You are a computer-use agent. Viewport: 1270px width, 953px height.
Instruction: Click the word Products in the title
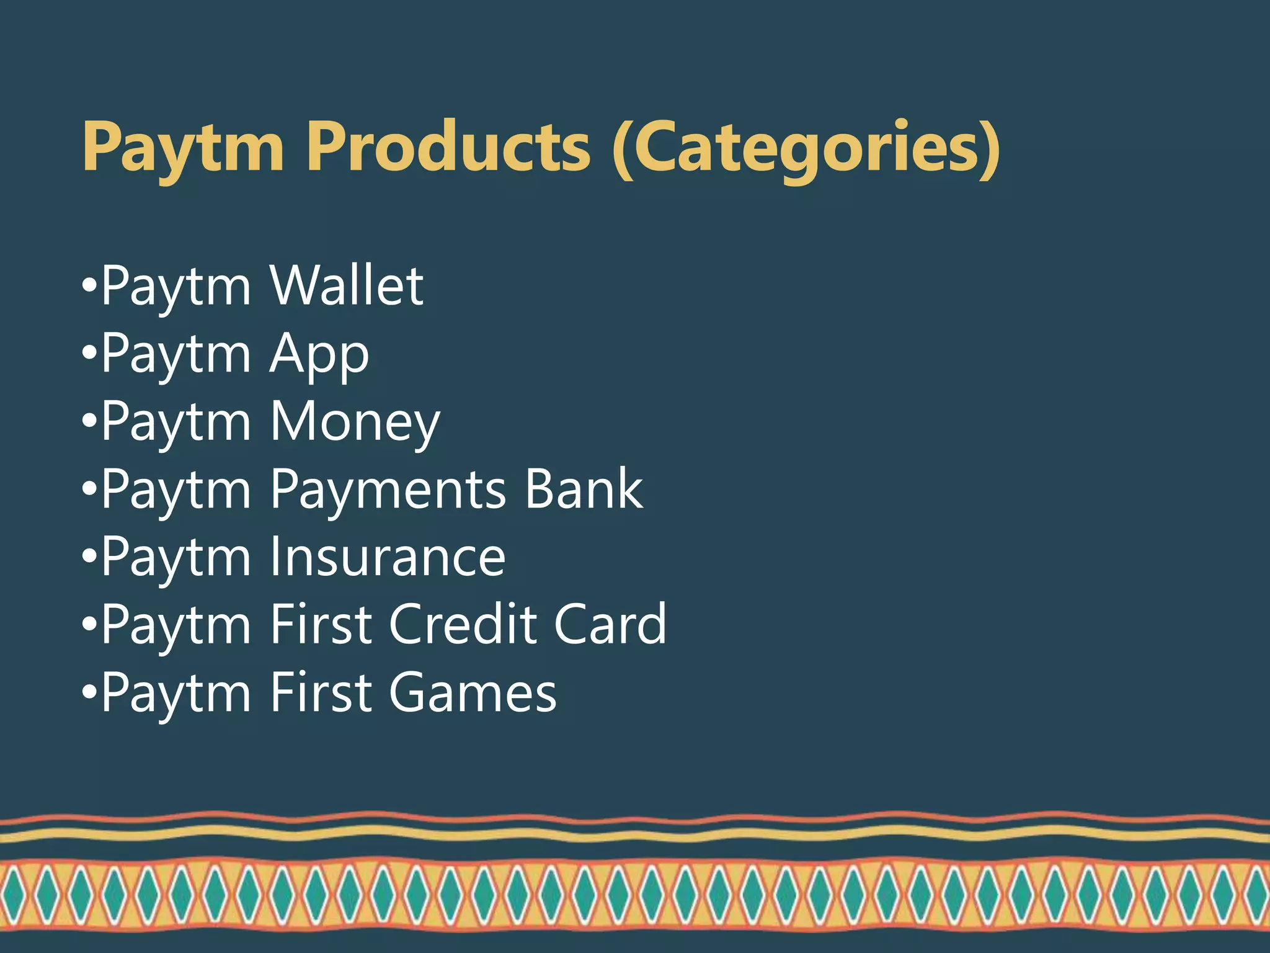pos(448,146)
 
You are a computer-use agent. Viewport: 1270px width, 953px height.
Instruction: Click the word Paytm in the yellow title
pos(183,148)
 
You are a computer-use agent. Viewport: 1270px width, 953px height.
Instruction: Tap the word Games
pos(473,692)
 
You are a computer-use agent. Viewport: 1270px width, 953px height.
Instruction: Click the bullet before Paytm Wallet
pos(89,287)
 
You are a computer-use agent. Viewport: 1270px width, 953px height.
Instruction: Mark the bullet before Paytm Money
pos(89,423)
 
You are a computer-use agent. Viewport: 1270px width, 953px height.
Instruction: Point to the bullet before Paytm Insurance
pos(89,558)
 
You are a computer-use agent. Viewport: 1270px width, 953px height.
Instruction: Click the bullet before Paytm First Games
pos(89,693)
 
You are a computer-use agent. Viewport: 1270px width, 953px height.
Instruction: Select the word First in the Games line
pos(321,692)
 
